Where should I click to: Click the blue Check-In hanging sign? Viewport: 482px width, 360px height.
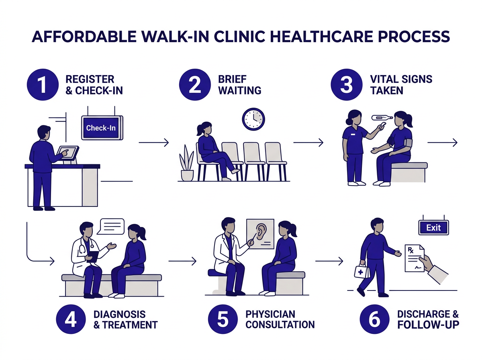(x=102, y=128)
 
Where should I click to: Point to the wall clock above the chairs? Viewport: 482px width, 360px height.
(x=253, y=119)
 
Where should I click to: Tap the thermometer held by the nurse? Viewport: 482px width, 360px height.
(x=382, y=118)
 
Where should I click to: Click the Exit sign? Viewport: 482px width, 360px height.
(x=433, y=227)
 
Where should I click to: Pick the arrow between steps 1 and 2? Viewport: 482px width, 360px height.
(x=153, y=142)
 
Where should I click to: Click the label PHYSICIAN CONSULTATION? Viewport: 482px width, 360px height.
(x=280, y=319)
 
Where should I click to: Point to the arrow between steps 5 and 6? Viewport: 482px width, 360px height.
(x=329, y=261)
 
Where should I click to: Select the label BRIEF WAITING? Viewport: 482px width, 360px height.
(x=239, y=84)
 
